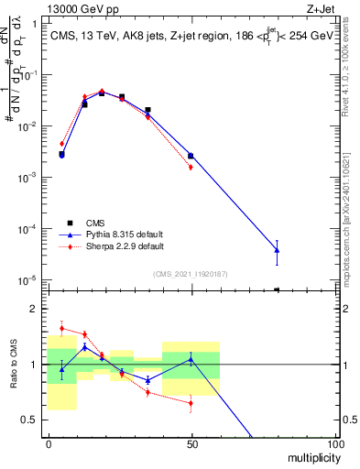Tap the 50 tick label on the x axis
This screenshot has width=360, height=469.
tap(191, 443)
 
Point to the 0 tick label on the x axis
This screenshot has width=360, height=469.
tap(49, 443)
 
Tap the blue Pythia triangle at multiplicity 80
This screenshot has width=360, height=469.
tap(277, 250)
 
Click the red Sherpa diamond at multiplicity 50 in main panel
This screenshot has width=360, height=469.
tap(191, 167)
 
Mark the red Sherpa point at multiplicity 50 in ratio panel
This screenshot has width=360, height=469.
tap(191, 403)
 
